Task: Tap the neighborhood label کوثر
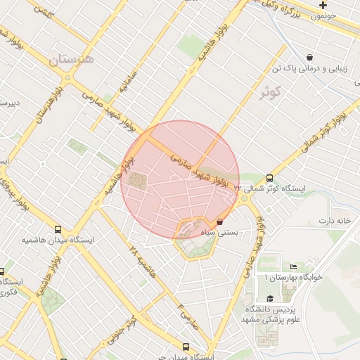[269, 91]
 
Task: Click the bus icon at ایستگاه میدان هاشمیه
[58, 229]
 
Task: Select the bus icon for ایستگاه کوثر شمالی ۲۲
[270, 179]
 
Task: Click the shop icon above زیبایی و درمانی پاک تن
[309, 57]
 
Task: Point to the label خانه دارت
[335, 221]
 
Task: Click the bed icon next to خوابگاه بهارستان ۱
[293, 266]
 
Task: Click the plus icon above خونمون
[323, 5]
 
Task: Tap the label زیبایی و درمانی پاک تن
[309, 70]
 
